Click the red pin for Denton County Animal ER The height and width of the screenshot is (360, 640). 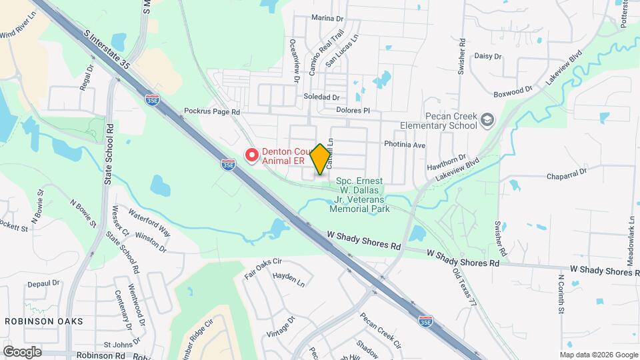pos(252,155)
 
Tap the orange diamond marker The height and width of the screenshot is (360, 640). pos(321,159)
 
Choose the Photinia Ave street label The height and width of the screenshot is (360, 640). pos(404,144)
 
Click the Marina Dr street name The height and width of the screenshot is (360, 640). pos(327,19)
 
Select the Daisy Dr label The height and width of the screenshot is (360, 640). pos(487,56)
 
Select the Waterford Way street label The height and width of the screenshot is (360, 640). pos(150,224)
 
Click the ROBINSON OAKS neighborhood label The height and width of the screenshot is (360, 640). pos(44,321)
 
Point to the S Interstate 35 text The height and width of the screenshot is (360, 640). pos(107,49)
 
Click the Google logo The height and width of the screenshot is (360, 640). pos(22,351)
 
